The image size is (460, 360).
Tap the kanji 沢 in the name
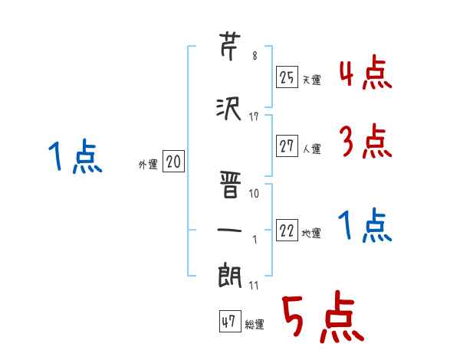click(x=230, y=110)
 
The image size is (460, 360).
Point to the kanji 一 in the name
click(x=230, y=228)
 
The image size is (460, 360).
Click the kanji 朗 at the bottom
click(x=230, y=275)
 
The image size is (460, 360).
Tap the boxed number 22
click(x=287, y=232)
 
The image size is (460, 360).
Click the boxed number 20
click(x=173, y=162)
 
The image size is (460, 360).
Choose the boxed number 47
click(x=229, y=322)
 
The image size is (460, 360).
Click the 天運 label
click(x=311, y=80)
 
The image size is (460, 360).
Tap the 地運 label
click(x=311, y=234)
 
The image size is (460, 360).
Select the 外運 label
click(x=147, y=163)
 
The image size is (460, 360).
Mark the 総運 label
click(x=254, y=325)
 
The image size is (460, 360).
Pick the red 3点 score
click(x=365, y=141)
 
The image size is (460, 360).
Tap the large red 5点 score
click(x=321, y=318)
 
